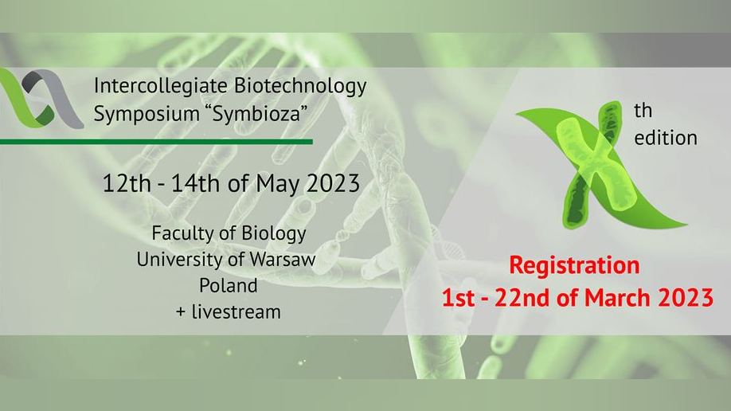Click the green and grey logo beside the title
42,99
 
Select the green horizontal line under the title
156,142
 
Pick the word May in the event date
277,184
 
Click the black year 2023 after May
333,183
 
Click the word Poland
229,285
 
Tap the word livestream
236,311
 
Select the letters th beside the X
643,111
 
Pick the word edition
666,138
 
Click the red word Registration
574,266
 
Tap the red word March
617,298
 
